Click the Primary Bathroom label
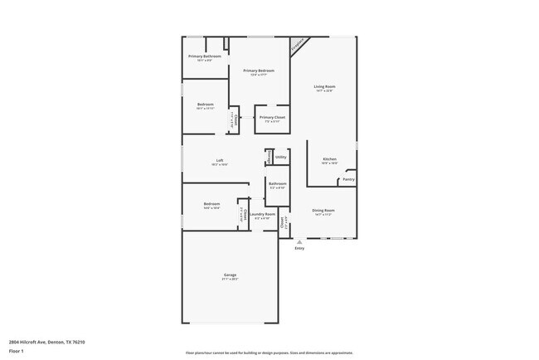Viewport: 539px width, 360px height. [x=204, y=56]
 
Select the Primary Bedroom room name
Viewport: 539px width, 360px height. [x=259, y=71]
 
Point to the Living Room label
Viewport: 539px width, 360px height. [x=324, y=86]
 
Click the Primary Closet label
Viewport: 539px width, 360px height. [x=272, y=117]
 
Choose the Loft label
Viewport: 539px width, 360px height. [x=220, y=160]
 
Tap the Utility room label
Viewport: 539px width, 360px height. [x=281, y=157]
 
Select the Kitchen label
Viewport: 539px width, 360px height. [x=329, y=158]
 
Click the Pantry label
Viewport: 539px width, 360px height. [x=348, y=179]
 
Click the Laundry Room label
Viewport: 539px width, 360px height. [x=264, y=214]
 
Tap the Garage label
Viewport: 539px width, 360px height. [x=230, y=275]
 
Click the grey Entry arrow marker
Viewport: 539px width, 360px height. [x=299, y=242]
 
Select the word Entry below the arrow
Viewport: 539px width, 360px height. [x=299, y=248]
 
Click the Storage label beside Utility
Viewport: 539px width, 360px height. [x=269, y=157]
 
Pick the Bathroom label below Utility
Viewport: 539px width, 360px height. [x=277, y=183]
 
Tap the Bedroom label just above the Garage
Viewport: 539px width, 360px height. [x=211, y=203]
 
